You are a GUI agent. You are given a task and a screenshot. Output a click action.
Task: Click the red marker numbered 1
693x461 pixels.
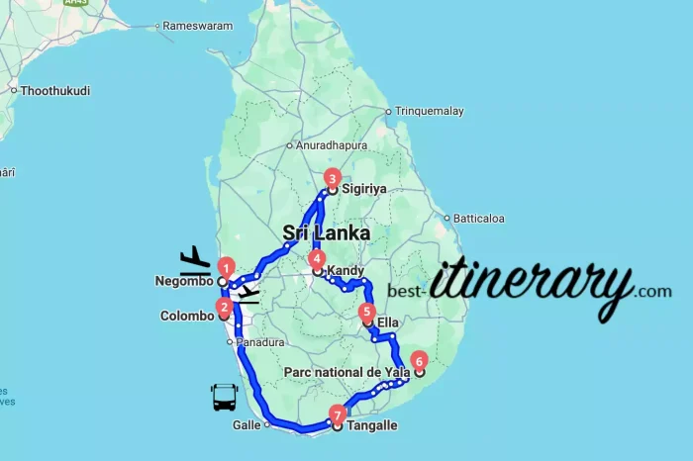click(226, 267)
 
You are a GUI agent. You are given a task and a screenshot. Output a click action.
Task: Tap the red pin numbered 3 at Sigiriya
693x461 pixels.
click(333, 178)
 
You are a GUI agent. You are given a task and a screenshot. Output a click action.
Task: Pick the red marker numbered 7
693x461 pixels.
click(339, 415)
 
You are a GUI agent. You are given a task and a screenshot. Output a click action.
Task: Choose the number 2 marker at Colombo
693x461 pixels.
click(225, 307)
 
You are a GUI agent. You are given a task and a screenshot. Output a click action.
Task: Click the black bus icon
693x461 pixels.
click(224, 398)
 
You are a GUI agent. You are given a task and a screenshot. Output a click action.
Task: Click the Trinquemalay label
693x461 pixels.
click(430, 112)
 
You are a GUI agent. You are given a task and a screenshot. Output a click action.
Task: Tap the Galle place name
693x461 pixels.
click(246, 425)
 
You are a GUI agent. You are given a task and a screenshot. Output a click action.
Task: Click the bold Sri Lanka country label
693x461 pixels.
click(327, 233)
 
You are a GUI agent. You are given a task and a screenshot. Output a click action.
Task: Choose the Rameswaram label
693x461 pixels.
click(198, 25)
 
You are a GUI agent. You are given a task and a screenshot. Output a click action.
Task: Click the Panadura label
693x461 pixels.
click(261, 342)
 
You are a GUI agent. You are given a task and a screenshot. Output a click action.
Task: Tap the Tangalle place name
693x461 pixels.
click(371, 426)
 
